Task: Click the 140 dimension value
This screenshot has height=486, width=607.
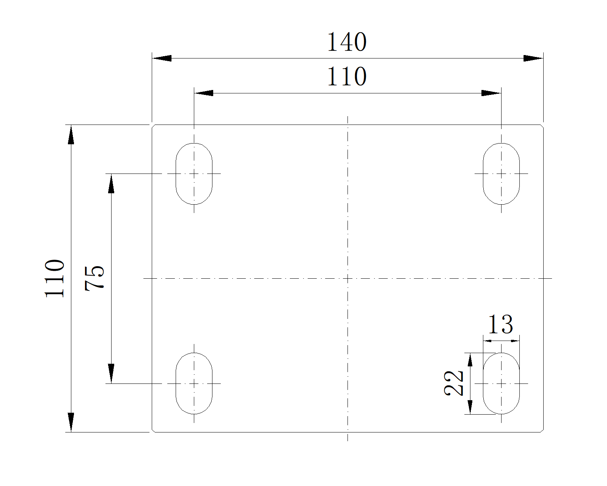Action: click(347, 42)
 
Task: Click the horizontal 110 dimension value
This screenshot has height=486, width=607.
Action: click(347, 77)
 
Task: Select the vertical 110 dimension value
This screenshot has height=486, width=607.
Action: click(55, 278)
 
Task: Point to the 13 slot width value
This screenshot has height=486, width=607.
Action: click(500, 324)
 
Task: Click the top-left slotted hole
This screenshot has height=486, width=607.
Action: click(194, 174)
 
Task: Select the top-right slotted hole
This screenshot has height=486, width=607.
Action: click(501, 174)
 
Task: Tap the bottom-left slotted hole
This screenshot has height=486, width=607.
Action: click(194, 383)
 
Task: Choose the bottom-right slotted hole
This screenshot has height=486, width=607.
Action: click(501, 383)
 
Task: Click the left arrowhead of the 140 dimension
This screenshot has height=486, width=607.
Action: click(161, 58)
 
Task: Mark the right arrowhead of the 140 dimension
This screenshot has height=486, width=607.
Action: click(533, 58)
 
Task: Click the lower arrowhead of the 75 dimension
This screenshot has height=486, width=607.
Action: click(111, 374)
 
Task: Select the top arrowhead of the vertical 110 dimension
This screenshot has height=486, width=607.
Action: click(71, 134)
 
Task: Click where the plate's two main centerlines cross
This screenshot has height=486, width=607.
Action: click(348, 278)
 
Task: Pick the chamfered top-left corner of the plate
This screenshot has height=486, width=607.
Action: click(153, 126)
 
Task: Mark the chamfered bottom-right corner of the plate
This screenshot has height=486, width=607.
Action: click(542, 431)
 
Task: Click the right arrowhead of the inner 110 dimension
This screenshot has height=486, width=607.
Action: click(491, 93)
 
